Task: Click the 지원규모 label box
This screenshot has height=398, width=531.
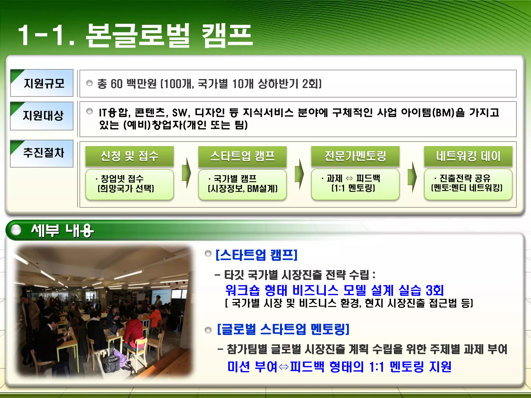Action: point(42,83)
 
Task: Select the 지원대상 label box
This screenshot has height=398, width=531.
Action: point(42,116)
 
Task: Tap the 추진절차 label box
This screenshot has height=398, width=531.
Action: point(42,153)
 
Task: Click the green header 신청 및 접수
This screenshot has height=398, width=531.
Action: point(129,156)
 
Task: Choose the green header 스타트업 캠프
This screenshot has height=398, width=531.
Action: point(242,156)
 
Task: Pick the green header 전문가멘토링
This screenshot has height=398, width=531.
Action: point(355,156)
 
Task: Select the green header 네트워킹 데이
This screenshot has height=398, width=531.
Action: point(468,156)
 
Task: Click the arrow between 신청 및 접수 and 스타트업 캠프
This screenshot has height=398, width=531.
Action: point(186,173)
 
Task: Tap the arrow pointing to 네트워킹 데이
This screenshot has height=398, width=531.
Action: point(412,177)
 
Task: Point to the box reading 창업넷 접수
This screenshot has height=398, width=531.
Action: point(129,184)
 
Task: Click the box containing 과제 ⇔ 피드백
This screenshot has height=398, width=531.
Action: point(355,184)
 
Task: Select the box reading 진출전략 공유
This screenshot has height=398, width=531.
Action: point(468,184)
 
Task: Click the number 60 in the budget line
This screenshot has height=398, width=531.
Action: point(116,84)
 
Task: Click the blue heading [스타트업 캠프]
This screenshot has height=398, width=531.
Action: point(256,255)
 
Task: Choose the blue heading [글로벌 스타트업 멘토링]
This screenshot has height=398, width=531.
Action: point(283,329)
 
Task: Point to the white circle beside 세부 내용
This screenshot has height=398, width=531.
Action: point(16,230)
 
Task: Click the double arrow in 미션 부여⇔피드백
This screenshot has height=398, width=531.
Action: point(284,367)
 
